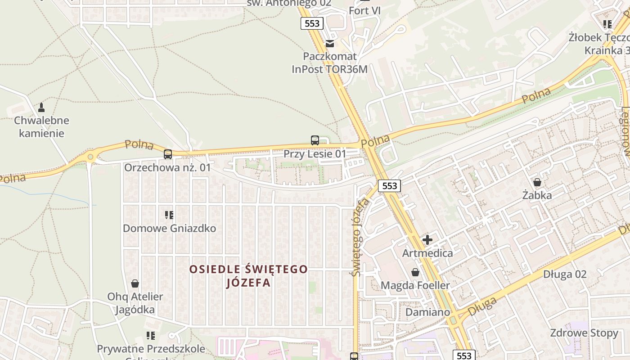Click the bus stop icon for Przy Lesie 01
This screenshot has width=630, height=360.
pyautogui.click(x=315, y=140)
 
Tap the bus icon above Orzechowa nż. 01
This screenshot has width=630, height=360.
pyautogui.click(x=168, y=154)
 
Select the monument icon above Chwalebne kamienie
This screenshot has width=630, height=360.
pyautogui.click(x=41, y=107)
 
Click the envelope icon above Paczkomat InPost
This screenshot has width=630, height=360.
pyautogui.click(x=330, y=44)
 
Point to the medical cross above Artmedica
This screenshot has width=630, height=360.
pyautogui.click(x=427, y=240)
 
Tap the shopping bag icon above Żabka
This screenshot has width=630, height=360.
pyautogui.click(x=537, y=182)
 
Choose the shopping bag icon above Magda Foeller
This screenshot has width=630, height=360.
pyautogui.click(x=415, y=272)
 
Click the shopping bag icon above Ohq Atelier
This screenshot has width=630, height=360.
pyautogui.click(x=135, y=283)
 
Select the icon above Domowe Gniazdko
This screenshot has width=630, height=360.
pyautogui.click(x=169, y=215)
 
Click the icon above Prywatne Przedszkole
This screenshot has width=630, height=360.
pyautogui.click(x=151, y=336)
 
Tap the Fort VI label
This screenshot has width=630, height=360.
pyautogui.click(x=365, y=10)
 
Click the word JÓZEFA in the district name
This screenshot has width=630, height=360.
pyautogui.click(x=248, y=283)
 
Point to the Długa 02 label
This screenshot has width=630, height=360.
pyautogui.click(x=565, y=274)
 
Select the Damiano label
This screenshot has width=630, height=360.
pyautogui.click(x=427, y=312)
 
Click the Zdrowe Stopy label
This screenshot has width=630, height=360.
pyautogui.click(x=584, y=333)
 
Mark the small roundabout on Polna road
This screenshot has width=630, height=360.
pyautogui.click(x=90, y=157)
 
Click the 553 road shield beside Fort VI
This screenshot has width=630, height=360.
pyautogui.click(x=312, y=23)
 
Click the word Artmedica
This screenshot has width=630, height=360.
pyautogui.click(x=427, y=253)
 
